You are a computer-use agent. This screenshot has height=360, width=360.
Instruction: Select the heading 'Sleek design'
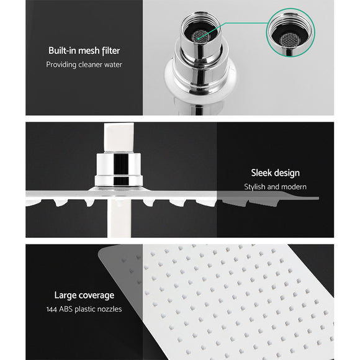(275, 173)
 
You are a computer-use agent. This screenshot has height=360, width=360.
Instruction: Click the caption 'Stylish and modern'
(275, 186)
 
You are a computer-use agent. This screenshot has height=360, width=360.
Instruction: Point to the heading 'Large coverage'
(83, 295)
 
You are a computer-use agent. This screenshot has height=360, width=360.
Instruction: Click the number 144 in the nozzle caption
(53, 308)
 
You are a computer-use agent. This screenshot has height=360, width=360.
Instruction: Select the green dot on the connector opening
(197, 37)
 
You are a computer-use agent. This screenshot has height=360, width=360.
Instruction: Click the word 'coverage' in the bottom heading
(95, 295)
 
